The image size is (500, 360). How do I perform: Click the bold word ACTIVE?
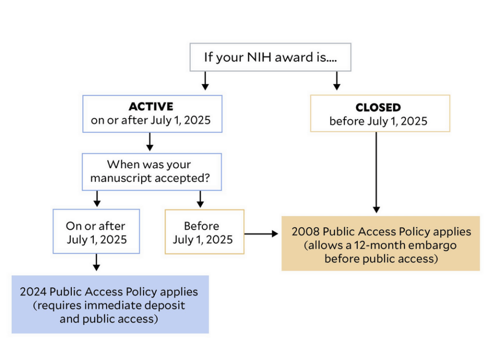pyautogui.click(x=151, y=106)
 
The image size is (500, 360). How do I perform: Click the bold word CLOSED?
pyautogui.click(x=378, y=108)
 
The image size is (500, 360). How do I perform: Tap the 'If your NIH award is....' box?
pyautogui.click(x=271, y=57)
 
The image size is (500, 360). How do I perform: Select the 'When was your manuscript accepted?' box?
pyautogui.click(x=152, y=172)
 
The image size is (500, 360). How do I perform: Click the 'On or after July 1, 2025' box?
pyautogui.click(x=96, y=231)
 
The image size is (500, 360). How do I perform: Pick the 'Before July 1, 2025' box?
pyautogui.click(x=205, y=232)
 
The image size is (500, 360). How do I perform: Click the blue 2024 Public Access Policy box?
pyautogui.click(x=110, y=304)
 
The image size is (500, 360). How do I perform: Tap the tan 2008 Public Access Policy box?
pyautogui.click(x=381, y=244)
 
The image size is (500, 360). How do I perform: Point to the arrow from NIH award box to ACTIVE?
pyautogui.click(x=206, y=81)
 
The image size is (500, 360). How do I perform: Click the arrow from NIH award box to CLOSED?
pyautogui.click(x=337, y=81)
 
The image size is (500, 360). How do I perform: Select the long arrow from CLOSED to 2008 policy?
pyautogui.click(x=376, y=172)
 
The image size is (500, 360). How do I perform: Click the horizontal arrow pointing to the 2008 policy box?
pyautogui.click(x=262, y=234)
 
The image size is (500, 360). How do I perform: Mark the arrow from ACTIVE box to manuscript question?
pyautogui.click(x=149, y=142)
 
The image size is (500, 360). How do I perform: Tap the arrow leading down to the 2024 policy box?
pyautogui.click(x=96, y=262)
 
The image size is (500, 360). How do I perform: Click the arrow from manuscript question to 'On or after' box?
pyautogui.click(x=97, y=199)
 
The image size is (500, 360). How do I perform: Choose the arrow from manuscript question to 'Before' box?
pyautogui.click(x=200, y=200)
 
